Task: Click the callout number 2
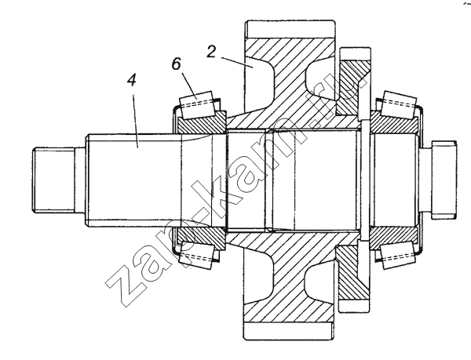(x=211, y=51)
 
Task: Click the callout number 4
(x=132, y=81)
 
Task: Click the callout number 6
(x=177, y=64)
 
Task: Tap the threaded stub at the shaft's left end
(x=53, y=180)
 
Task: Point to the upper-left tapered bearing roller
(x=197, y=104)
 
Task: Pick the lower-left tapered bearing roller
(x=197, y=256)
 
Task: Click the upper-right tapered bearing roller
(x=399, y=103)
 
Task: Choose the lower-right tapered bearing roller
(x=399, y=257)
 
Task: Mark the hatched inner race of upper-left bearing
(x=201, y=123)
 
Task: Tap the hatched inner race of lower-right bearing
(x=393, y=238)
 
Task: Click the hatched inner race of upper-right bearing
(x=393, y=122)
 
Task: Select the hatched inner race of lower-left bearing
(x=201, y=238)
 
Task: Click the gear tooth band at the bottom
(x=289, y=331)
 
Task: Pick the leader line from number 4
(x=135, y=121)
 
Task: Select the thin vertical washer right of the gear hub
(x=365, y=180)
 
